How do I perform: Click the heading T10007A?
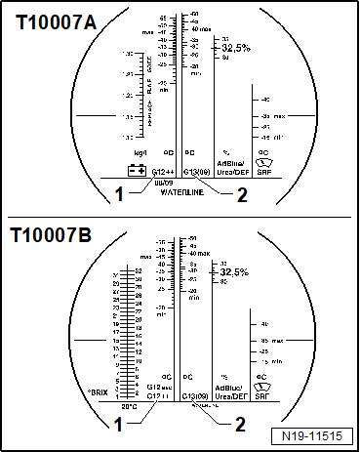[x=56, y=21]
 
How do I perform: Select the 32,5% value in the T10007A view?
[x=235, y=47]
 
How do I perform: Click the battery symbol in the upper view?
[x=137, y=170]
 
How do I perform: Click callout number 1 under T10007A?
[x=118, y=193]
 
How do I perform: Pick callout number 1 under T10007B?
[x=118, y=425]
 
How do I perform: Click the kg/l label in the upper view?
[x=138, y=152]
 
